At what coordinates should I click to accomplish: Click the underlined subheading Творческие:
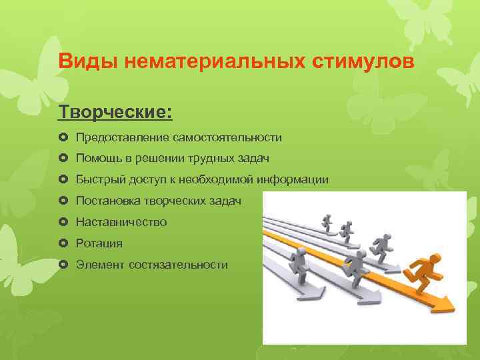click(x=115, y=111)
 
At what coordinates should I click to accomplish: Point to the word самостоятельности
click(x=227, y=137)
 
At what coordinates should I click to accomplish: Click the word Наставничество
click(x=121, y=222)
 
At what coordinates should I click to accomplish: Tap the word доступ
click(x=145, y=180)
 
